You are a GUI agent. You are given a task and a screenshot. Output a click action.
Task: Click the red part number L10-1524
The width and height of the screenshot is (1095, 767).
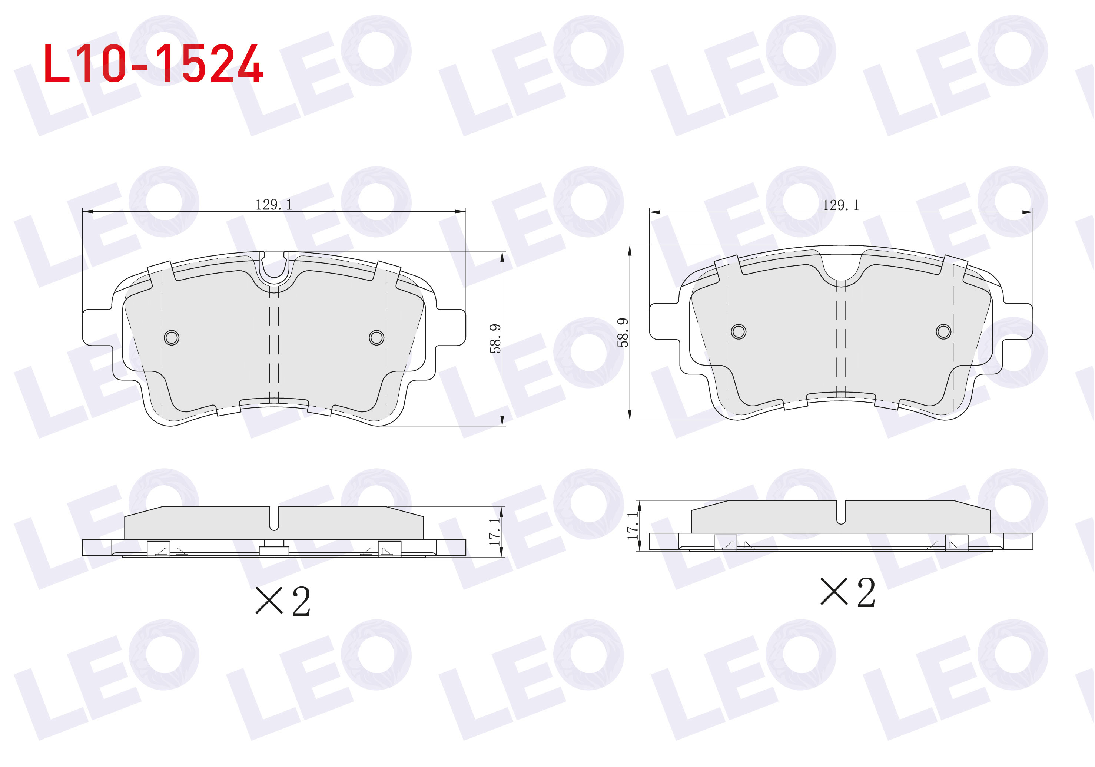pyautogui.click(x=153, y=63)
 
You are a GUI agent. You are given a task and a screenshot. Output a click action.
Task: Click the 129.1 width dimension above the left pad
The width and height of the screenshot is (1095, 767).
pyautogui.click(x=274, y=205)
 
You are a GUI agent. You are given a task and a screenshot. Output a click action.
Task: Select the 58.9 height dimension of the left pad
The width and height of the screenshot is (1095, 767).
pyautogui.click(x=495, y=339)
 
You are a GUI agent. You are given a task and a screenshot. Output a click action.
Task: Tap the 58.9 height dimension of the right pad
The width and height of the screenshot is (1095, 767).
pyautogui.click(x=623, y=333)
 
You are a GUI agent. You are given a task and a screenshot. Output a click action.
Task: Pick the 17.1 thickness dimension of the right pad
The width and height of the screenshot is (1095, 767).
pyautogui.click(x=633, y=526)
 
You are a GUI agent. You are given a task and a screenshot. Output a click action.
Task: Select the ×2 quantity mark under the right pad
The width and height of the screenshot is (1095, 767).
pyautogui.click(x=847, y=592)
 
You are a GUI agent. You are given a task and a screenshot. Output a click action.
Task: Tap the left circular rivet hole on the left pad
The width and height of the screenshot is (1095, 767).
pyautogui.click(x=172, y=338)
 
